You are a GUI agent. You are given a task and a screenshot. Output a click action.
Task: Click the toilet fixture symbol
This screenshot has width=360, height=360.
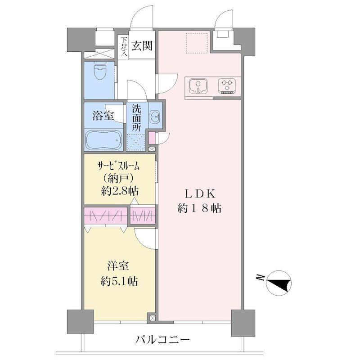(100, 71)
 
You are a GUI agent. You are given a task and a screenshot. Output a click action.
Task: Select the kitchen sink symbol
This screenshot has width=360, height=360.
(198, 86)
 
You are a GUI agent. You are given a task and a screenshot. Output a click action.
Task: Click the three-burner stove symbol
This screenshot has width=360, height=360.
(227, 86)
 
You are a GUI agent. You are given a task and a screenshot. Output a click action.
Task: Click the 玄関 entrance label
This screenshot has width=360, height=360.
(142, 46)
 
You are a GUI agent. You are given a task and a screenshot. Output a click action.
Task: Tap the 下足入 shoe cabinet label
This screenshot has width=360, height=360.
(124, 47)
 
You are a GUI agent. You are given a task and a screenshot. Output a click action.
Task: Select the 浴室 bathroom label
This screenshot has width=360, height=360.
(103, 116)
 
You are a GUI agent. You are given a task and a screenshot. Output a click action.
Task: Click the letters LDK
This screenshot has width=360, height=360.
(200, 194)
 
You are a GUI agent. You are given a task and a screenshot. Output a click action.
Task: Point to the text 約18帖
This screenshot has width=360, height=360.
(199, 208)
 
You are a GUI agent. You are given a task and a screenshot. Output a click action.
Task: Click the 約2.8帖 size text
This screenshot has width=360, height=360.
(120, 191)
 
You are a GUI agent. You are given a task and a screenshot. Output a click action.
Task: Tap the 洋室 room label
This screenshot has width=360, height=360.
(118, 266)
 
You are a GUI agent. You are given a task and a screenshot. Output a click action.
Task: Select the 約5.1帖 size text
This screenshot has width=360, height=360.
(119, 281)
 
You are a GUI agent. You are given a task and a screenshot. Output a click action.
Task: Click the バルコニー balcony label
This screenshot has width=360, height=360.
(162, 339)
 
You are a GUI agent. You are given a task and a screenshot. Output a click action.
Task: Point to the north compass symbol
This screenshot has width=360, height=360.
(279, 283)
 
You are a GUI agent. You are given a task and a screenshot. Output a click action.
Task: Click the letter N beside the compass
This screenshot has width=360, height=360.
(260, 278)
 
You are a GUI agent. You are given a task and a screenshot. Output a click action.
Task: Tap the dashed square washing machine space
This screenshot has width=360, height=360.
(136, 142)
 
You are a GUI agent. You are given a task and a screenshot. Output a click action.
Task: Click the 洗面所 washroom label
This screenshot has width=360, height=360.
(136, 118)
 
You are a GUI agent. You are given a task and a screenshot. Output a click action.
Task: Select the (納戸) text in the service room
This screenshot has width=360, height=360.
(118, 178)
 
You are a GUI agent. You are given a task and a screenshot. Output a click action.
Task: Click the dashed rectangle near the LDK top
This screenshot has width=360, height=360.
(197, 43)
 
